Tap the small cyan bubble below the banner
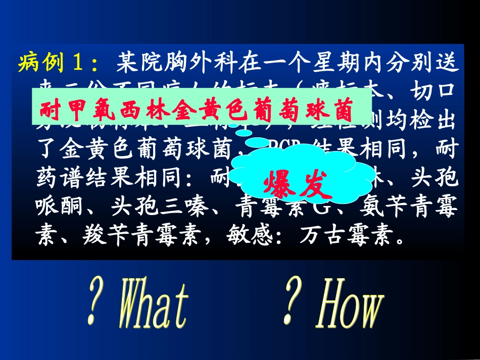245,132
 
